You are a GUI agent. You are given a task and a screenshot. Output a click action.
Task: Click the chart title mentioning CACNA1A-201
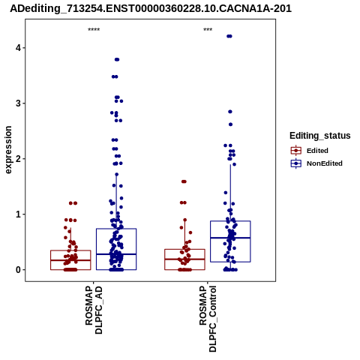(x=151, y=8)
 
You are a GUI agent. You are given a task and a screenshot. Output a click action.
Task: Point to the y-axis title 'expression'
(x=8, y=150)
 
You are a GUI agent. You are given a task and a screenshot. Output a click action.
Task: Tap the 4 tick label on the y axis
(x=18, y=48)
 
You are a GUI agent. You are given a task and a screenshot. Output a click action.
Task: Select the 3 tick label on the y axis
(x=18, y=103)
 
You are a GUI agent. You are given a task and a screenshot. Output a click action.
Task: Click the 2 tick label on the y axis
(x=18, y=159)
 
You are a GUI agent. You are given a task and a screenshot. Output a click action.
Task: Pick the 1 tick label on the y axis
(x=18, y=214)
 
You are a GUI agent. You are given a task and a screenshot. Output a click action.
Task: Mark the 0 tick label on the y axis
(x=18, y=270)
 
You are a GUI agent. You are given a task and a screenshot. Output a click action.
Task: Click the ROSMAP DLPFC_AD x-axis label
(x=94, y=310)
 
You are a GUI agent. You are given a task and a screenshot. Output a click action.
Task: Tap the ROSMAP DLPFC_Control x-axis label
(x=208, y=319)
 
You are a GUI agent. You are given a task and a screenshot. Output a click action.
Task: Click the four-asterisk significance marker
(x=94, y=30)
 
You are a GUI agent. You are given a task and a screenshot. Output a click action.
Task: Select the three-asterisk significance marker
(x=208, y=30)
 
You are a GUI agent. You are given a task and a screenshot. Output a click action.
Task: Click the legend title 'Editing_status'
(x=320, y=136)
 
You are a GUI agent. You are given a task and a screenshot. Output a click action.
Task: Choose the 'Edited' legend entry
(x=317, y=151)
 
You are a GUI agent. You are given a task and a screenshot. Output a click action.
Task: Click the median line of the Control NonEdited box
(x=230, y=238)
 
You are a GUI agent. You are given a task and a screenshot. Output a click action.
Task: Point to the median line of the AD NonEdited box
(x=116, y=254)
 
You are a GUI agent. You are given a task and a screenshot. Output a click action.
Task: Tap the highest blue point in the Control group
(x=229, y=36)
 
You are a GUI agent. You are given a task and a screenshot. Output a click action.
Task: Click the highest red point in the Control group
(x=184, y=181)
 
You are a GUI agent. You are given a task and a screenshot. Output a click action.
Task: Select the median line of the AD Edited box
(x=70, y=260)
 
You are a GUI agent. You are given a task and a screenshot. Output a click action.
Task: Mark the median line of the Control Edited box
(x=184, y=259)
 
